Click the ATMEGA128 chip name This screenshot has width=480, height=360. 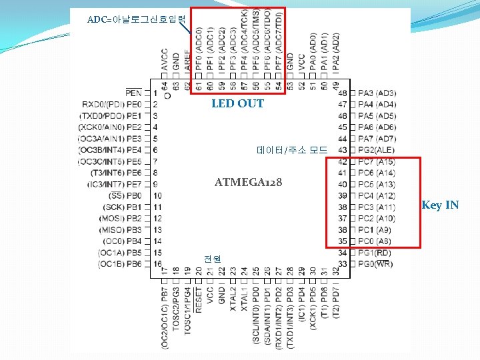[x=248, y=182]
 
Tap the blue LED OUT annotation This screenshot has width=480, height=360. [x=237, y=103]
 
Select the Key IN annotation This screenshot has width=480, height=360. [x=440, y=205]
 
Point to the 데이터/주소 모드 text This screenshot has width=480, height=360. [x=292, y=150]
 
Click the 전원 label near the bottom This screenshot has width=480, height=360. [x=213, y=258]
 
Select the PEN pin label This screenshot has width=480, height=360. [x=133, y=93]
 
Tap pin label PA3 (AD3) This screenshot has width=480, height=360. [x=377, y=93]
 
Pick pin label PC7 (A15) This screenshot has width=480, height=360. [x=377, y=161]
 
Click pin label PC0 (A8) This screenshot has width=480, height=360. [x=375, y=241]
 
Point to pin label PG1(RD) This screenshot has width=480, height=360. [x=375, y=252]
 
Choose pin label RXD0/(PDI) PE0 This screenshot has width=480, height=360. [x=112, y=104]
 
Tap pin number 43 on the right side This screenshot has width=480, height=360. [x=343, y=150]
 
